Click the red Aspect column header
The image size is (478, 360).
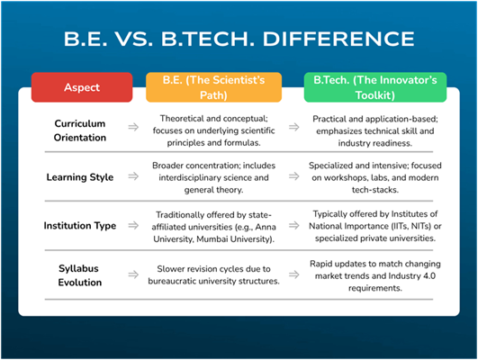tap(82, 87)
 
